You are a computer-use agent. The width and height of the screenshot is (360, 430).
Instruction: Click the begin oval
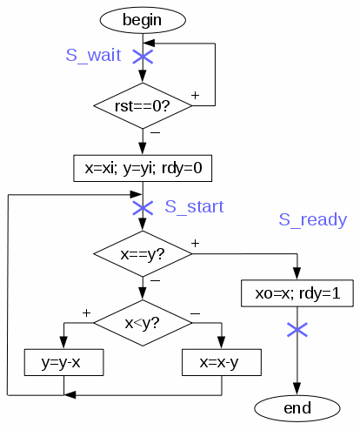(143, 20)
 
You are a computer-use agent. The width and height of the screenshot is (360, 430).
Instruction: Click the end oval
(297, 408)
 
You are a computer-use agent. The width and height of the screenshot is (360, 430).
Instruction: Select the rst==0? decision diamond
(143, 105)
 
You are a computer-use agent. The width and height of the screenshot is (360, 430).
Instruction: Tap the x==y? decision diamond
(143, 254)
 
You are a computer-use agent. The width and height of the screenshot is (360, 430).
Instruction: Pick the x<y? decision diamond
(143, 323)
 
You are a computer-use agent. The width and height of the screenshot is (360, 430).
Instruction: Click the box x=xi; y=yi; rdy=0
(143, 168)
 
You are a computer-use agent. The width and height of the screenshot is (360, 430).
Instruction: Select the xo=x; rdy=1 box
(297, 293)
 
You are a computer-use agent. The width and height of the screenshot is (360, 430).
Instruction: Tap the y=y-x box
(63, 362)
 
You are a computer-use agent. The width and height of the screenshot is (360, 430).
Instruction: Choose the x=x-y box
(222, 362)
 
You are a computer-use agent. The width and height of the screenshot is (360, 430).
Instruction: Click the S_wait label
(93, 55)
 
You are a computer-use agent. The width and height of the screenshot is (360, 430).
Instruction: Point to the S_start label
(194, 206)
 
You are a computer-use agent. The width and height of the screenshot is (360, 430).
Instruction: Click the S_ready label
(313, 219)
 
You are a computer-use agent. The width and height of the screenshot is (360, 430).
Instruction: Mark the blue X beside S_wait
(143, 57)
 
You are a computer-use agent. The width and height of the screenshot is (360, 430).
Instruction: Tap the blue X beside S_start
(143, 208)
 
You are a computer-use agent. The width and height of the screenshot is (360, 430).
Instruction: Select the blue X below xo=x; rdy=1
(297, 330)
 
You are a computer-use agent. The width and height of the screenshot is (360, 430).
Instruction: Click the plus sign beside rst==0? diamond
(196, 95)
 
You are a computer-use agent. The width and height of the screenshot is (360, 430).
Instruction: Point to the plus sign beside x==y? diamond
(196, 243)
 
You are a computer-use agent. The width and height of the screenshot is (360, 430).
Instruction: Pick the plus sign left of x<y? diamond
(86, 312)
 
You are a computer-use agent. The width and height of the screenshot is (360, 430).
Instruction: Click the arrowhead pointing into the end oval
(297, 389)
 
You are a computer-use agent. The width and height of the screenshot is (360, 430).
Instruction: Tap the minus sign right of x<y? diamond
(196, 313)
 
